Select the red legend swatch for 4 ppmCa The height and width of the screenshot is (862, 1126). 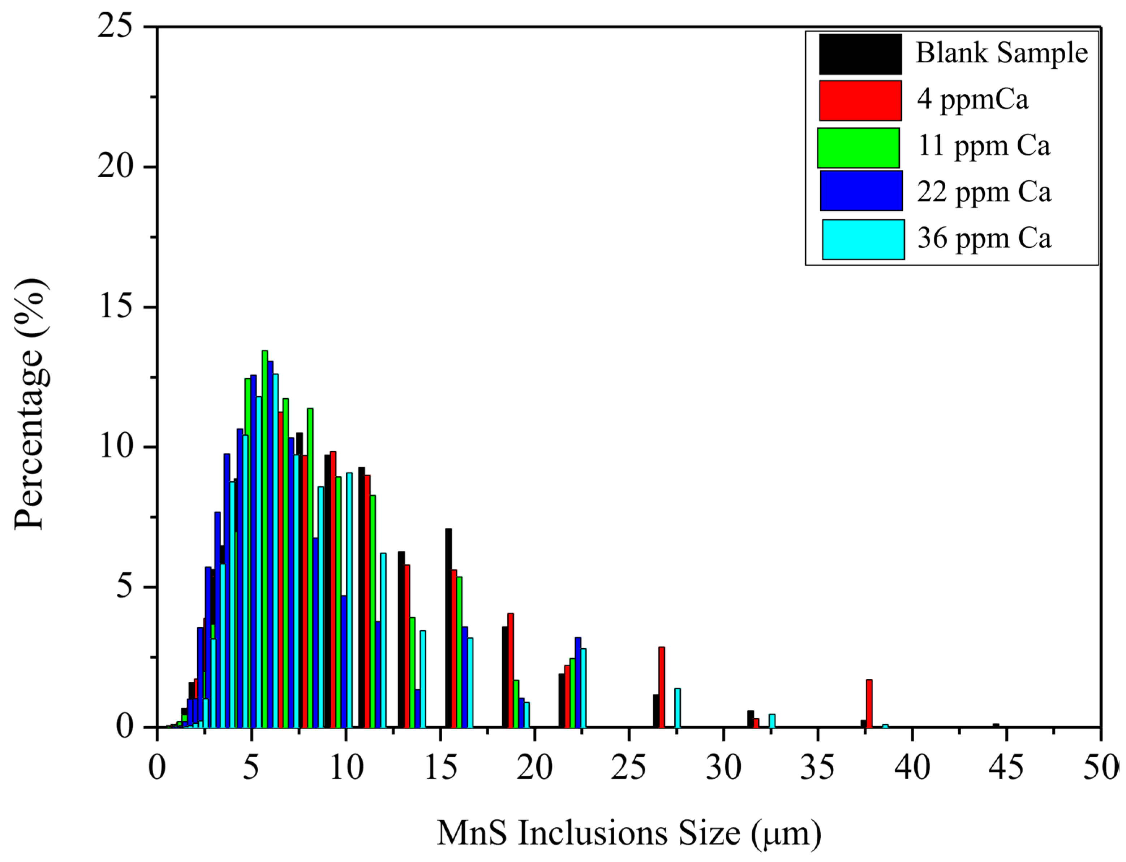(x=860, y=100)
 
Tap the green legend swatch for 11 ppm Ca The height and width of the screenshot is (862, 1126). (x=858, y=148)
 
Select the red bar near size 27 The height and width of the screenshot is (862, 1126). (x=661, y=688)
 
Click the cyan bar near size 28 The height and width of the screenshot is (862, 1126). (x=677, y=708)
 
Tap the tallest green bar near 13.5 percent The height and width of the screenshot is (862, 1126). (x=265, y=539)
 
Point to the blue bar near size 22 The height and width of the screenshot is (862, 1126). (x=577, y=683)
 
